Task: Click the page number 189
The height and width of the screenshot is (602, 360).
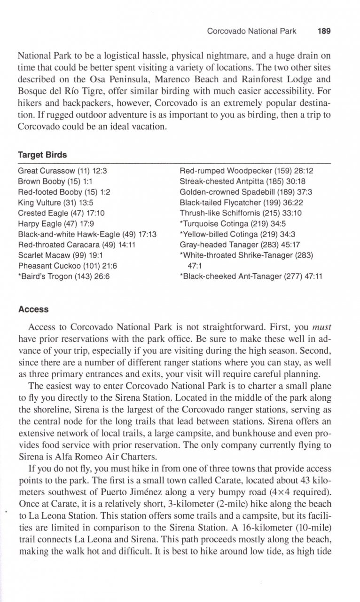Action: coord(324,32)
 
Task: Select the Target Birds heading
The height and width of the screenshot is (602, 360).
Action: coord(42,155)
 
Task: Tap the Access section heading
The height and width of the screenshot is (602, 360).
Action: coord(33,309)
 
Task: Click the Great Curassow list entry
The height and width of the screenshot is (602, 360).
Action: coord(62,171)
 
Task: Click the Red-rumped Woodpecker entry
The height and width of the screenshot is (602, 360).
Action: coord(246,171)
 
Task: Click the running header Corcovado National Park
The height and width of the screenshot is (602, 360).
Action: coord(251,32)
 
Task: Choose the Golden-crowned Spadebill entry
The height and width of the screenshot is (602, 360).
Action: coord(246,192)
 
